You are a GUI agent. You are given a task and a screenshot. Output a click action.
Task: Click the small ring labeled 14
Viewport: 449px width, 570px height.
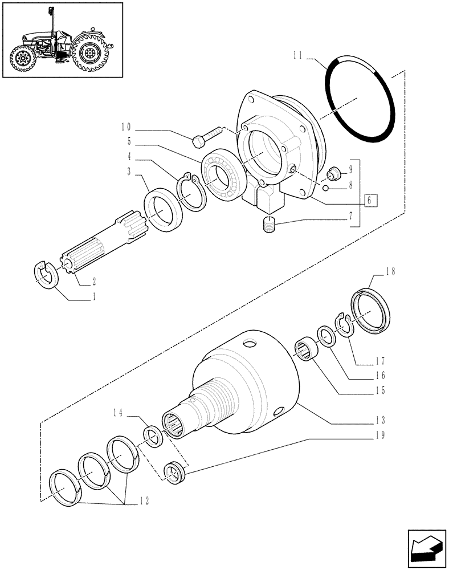point(152,437)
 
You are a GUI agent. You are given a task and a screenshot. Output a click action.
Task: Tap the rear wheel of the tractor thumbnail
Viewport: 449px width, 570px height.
point(90,55)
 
